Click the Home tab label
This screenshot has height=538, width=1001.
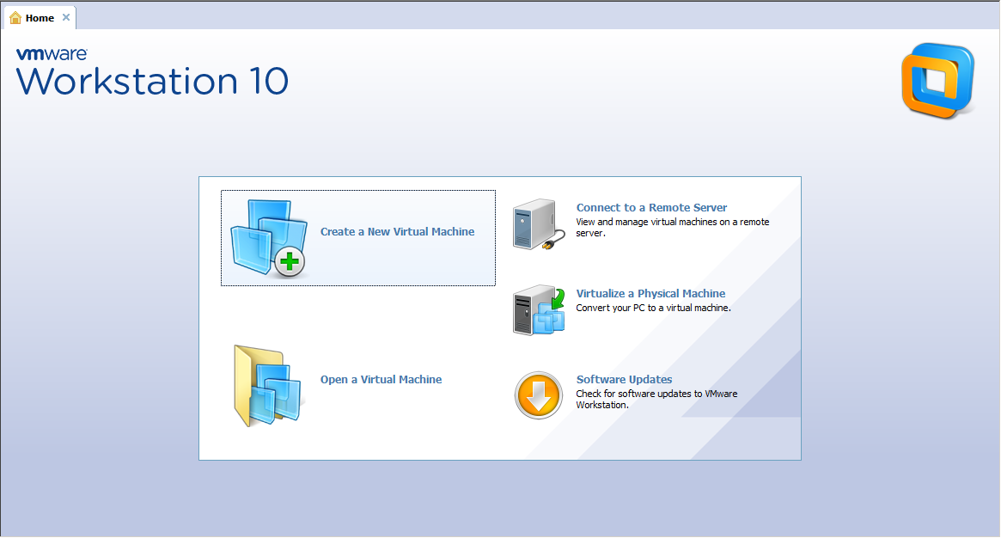40,18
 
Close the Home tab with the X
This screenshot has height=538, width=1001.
66,17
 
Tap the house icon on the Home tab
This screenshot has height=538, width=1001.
15,18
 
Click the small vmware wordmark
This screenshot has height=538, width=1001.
52,54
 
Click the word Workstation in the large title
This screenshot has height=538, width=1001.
127,81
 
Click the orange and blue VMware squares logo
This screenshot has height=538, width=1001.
937,81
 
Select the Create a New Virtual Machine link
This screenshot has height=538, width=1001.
397,232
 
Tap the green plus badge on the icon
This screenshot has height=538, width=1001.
290,261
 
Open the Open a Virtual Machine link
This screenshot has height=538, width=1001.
381,379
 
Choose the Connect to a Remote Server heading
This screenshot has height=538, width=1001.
652,207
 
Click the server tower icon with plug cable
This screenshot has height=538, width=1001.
539,224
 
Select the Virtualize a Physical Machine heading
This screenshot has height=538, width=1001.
650,294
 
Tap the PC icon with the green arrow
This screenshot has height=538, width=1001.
539,310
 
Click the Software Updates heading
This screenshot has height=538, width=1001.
625,379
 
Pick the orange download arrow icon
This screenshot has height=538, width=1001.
538,395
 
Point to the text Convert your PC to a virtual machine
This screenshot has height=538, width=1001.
653,308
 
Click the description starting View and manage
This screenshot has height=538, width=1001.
673,227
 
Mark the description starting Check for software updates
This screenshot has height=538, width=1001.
657,399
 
